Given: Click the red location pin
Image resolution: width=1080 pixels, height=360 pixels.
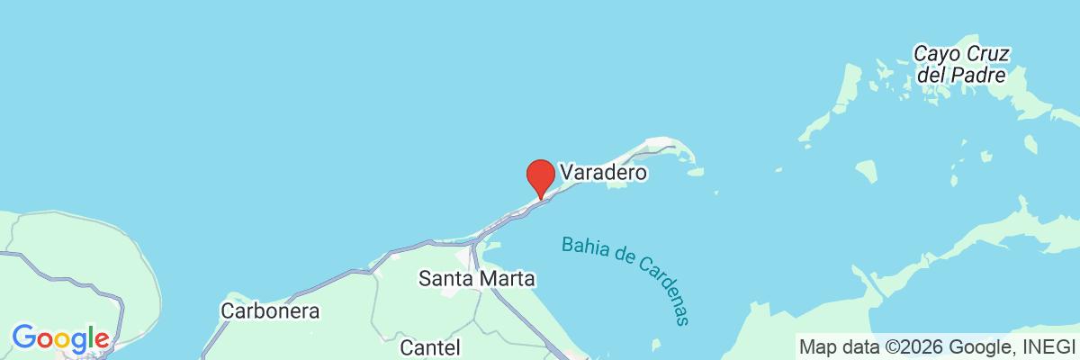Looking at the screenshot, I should click(x=539, y=175).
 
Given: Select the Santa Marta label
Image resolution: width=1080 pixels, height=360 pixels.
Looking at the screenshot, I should click(x=477, y=279).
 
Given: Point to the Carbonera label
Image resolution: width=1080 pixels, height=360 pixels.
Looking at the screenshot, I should click(x=270, y=310).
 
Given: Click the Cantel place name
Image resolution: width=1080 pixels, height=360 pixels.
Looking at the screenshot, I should click(x=429, y=346).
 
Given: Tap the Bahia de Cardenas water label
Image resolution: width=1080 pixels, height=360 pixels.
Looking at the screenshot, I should click(x=630, y=279).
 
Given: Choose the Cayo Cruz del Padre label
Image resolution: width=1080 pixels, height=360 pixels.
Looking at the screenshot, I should click(x=959, y=64).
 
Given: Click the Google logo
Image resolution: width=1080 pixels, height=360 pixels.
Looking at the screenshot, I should click(x=60, y=339).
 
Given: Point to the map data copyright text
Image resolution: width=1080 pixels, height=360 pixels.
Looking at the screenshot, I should click(x=936, y=346).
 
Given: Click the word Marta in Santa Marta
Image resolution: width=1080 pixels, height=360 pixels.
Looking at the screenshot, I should click(x=507, y=279).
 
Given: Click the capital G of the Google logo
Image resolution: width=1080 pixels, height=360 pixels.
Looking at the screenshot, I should click(x=23, y=338).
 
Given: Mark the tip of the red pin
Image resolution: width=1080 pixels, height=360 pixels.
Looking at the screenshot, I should click(x=539, y=197).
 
